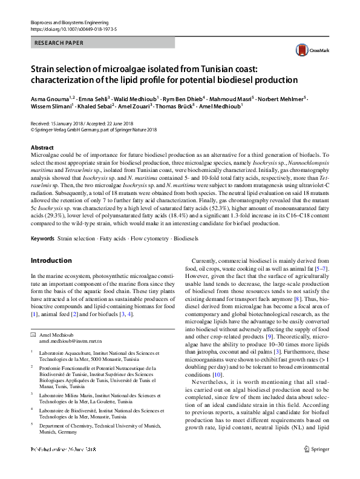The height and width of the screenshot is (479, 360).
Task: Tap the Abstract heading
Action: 42,148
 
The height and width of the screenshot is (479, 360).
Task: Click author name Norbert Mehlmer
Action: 280,97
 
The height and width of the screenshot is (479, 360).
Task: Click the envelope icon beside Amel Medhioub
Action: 33,335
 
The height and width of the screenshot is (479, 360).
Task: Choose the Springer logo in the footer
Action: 317,466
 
